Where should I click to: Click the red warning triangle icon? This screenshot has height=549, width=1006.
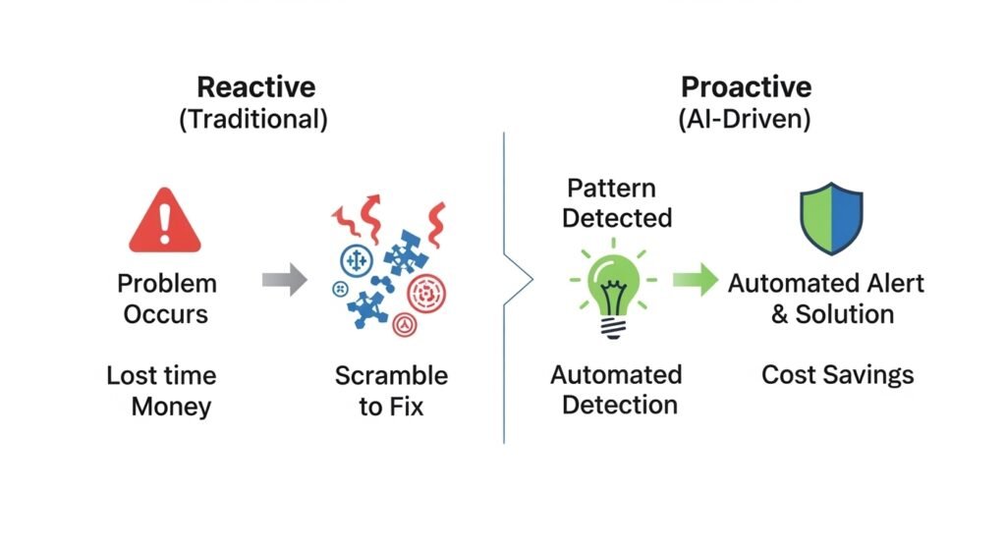(164, 223)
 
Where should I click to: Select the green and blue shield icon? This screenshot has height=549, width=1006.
(831, 218)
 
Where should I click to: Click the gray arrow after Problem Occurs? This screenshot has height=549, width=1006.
(284, 281)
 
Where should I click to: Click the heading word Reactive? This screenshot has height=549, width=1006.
(255, 86)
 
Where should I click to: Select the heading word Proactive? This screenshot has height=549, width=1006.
(746, 86)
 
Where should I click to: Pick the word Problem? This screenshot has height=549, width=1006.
(167, 284)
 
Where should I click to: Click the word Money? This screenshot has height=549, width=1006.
(171, 406)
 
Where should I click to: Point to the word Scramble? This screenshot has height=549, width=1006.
(391, 375)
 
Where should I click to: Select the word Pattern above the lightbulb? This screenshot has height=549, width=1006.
(610, 188)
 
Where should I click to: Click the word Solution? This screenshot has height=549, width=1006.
(845, 314)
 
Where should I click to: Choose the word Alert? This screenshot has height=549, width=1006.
(889, 284)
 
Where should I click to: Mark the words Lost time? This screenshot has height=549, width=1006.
(160, 375)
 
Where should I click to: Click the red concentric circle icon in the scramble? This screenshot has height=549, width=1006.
(427, 292)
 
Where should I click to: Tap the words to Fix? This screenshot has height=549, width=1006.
(391, 406)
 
